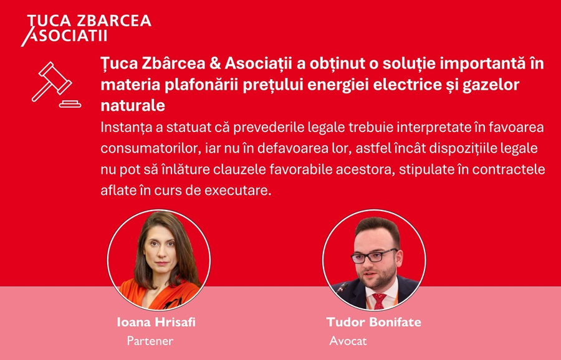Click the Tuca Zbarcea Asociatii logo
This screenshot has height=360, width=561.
click(x=86, y=30)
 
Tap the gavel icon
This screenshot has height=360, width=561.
click(x=56, y=85)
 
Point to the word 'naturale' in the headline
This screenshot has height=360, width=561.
click(x=133, y=105)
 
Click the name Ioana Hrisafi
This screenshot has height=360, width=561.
click(x=156, y=322)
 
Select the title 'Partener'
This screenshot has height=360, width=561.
click(x=150, y=341)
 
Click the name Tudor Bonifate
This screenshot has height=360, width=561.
click(x=374, y=322)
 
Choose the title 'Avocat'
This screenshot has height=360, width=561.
click(x=348, y=341)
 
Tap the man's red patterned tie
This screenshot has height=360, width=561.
click(x=379, y=301)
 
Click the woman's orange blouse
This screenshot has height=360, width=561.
click(x=161, y=295)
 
